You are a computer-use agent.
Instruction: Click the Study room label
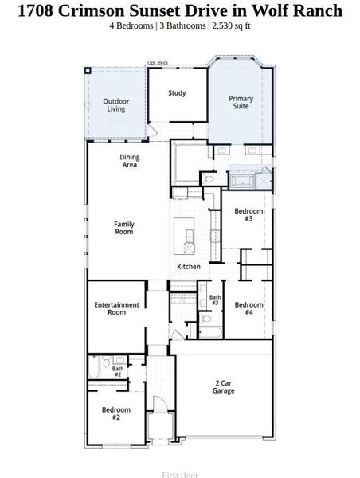[x=177, y=93]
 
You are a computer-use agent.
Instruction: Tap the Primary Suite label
[x=241, y=103]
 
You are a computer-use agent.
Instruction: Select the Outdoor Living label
[x=116, y=104]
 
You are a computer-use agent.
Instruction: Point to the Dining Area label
[x=130, y=161]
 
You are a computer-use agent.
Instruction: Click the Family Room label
[x=124, y=228]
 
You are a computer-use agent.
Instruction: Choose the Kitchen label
[x=189, y=266]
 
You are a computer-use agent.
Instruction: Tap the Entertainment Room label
[x=116, y=308]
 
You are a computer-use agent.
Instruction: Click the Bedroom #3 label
[x=248, y=215]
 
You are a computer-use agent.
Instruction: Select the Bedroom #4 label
[x=248, y=308]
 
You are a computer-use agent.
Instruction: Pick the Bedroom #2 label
[x=116, y=413]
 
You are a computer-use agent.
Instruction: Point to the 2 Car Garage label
[x=224, y=387]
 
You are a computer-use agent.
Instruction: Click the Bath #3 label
[x=214, y=300]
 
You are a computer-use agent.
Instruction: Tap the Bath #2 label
[x=117, y=371]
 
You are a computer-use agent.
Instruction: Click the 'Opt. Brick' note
[x=158, y=62]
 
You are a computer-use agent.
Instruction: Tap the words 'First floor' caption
[x=180, y=474]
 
